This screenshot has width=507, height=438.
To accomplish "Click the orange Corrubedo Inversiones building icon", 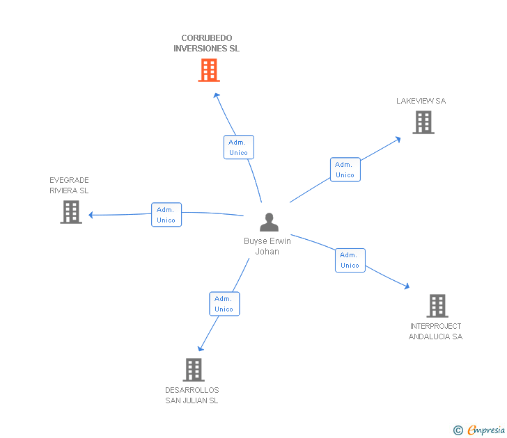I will coord(209,70).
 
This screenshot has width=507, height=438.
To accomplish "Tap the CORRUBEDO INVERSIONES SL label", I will coord(206,44).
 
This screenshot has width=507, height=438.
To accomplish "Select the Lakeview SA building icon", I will coord(423,122).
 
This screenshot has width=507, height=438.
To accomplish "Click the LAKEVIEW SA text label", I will coord(421,101).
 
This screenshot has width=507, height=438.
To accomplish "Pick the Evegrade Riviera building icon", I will coord(71,212).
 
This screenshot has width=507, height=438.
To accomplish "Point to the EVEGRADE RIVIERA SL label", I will coord(69,186).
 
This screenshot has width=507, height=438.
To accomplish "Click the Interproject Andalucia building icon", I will coord(437,305).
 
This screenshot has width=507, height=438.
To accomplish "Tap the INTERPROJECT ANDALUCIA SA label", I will coord(435,332).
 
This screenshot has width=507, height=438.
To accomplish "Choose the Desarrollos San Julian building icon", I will coord(194,369).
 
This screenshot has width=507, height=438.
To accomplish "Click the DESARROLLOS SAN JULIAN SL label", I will coord(192,396).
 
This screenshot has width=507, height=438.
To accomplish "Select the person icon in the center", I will coord(269,222).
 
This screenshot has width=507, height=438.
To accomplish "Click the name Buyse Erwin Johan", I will coord(267,247).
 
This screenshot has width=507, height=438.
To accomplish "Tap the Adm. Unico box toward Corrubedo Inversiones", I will coord(238,147).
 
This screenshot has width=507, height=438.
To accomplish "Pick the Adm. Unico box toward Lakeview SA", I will coord(345,170).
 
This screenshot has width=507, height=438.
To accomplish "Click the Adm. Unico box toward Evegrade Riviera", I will coord(166,215).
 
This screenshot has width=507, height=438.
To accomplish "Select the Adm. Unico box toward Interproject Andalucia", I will coord(350,260).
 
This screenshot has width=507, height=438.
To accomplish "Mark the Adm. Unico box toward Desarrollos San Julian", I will coord(224,304).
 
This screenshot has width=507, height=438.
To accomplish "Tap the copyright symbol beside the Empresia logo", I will coord(458,430).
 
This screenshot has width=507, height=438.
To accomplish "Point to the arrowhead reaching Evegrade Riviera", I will coord(91,215).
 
